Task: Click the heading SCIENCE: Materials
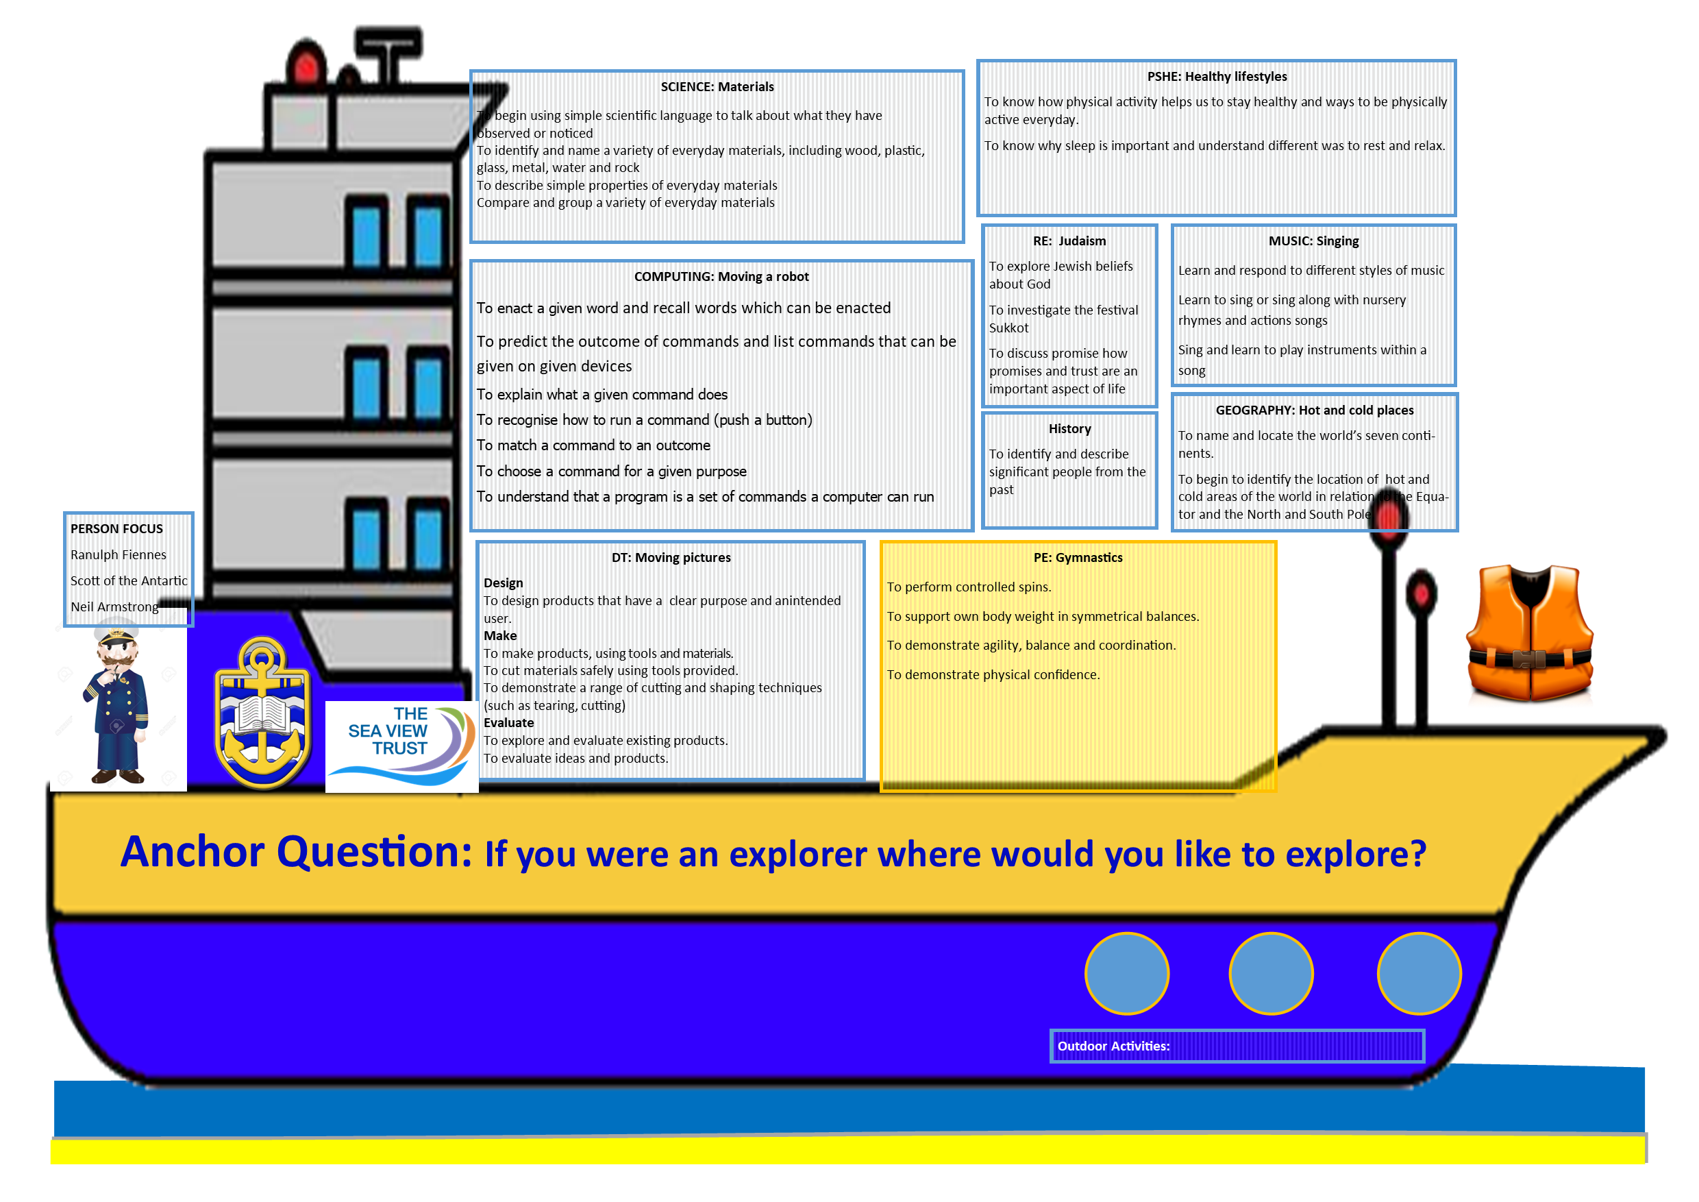pyautogui.click(x=717, y=86)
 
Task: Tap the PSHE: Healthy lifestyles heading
pyautogui.click(x=1217, y=76)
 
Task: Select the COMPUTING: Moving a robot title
pyautogui.click(x=721, y=276)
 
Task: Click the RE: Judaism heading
pyautogui.click(x=1069, y=241)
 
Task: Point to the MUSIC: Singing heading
pyautogui.click(x=1313, y=241)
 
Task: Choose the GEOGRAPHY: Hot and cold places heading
pyautogui.click(x=1314, y=410)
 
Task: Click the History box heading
pyautogui.click(x=1069, y=428)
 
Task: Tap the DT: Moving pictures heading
pyautogui.click(x=671, y=557)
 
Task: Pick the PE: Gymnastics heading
pyautogui.click(x=1078, y=557)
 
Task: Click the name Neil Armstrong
pyautogui.click(x=114, y=607)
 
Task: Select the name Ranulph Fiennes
pyautogui.click(x=119, y=554)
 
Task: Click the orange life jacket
pyautogui.click(x=1529, y=633)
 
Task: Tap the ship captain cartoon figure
pyautogui.click(x=117, y=703)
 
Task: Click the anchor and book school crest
pyautogui.click(x=262, y=712)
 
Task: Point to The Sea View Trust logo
pyautogui.click(x=402, y=746)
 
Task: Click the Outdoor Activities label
pyautogui.click(x=1113, y=1046)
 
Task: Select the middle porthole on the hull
pyautogui.click(x=1271, y=973)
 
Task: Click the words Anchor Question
pyautogui.click(x=296, y=852)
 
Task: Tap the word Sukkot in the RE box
pyautogui.click(x=1008, y=328)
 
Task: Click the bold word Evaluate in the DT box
pyautogui.click(x=508, y=722)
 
